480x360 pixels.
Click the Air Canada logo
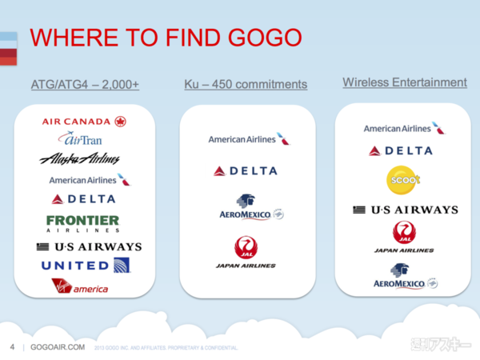(84, 122)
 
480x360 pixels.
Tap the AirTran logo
(84, 140)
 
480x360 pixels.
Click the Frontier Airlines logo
(82, 222)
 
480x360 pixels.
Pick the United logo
(86, 266)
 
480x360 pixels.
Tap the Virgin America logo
(79, 286)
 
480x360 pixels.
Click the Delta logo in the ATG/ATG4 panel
(83, 199)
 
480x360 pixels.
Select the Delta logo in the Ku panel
(246, 170)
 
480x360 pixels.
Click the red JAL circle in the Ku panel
(246, 247)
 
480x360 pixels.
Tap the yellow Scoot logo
(403, 179)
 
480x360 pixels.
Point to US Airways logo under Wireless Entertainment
(405, 210)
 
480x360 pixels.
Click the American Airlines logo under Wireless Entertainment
(403, 128)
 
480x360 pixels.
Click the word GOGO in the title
(258, 38)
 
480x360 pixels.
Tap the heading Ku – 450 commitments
(246, 83)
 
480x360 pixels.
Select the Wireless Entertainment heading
(405, 82)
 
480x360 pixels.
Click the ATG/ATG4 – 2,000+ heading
(85, 83)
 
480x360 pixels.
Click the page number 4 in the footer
(12, 348)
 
